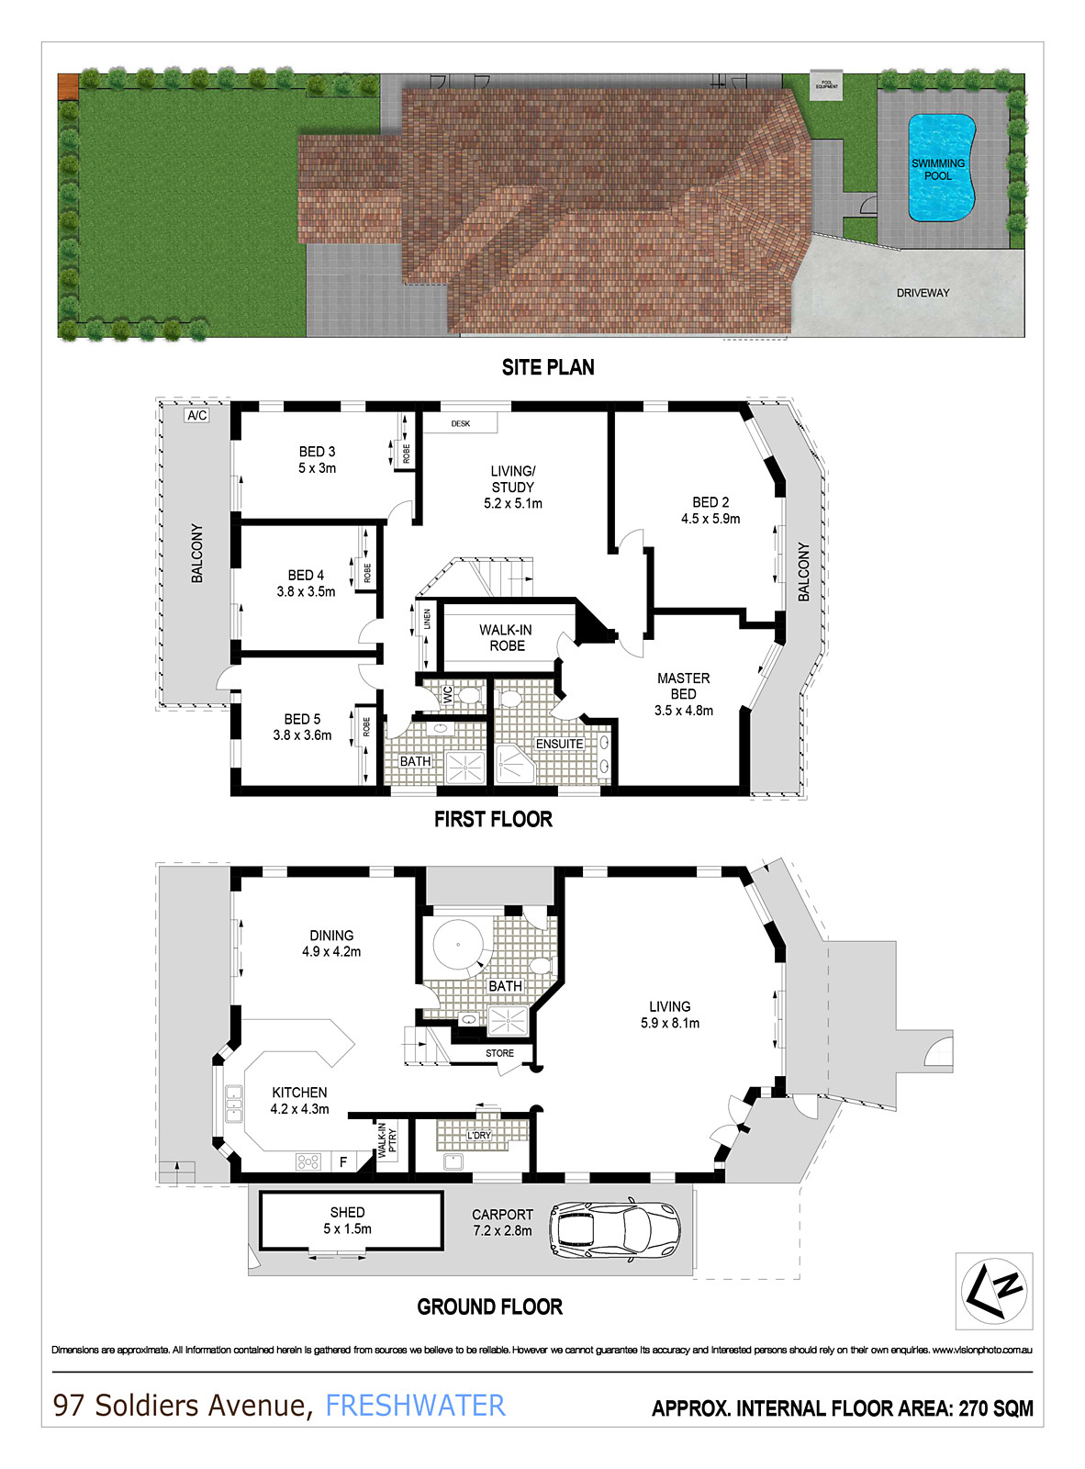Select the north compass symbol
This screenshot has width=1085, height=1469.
pos(994,1290)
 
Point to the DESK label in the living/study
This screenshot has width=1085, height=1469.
pos(460,423)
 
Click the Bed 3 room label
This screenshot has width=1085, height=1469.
pos(317,452)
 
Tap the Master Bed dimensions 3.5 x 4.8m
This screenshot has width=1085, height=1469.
pos(683,711)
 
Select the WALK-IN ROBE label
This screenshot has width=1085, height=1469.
pos(506,638)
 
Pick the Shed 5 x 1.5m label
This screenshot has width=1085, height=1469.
pos(347,1221)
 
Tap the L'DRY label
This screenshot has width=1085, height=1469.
pos(479,1136)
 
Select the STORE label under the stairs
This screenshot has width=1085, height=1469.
pos(499,1053)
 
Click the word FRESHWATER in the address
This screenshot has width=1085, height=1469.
pos(415,1406)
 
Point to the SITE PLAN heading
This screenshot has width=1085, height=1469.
pos(548,367)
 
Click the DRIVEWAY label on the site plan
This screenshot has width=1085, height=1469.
pos(923,293)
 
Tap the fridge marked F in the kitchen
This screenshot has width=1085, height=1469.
pos(343,1161)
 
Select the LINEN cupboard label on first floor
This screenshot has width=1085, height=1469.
pos(427,621)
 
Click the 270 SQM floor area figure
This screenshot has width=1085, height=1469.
pos(996,1408)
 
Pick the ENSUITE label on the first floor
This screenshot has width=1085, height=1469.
pos(559,744)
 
